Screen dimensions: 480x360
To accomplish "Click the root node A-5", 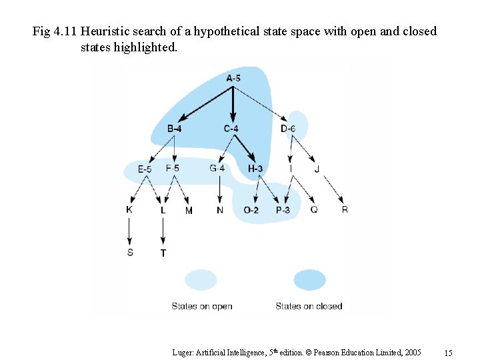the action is click(x=233, y=79).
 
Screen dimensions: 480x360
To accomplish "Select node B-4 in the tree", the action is click(x=174, y=128).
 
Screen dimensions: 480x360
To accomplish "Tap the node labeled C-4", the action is click(x=231, y=128).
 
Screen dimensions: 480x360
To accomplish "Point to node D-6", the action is click(x=288, y=128).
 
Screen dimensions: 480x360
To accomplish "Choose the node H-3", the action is click(x=255, y=169).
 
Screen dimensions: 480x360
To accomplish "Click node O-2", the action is click(x=251, y=210).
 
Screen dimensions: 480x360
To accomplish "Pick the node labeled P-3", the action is click(x=283, y=210).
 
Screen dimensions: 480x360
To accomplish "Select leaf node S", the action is click(x=130, y=252).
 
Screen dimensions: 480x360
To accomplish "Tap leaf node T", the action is click(x=163, y=253).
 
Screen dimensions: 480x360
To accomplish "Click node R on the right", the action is click(x=345, y=210).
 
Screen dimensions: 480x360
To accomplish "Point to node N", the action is click(x=220, y=210).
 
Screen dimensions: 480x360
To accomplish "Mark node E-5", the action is click(x=145, y=169).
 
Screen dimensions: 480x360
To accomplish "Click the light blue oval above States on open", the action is click(x=201, y=279).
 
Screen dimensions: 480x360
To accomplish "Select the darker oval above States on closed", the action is click(x=309, y=279).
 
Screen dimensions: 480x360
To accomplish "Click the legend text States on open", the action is click(x=202, y=307).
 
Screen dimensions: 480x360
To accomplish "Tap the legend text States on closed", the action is click(x=309, y=307).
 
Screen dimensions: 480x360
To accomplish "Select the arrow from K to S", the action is click(x=129, y=231).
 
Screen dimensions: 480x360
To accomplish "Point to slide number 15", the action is click(x=448, y=353).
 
